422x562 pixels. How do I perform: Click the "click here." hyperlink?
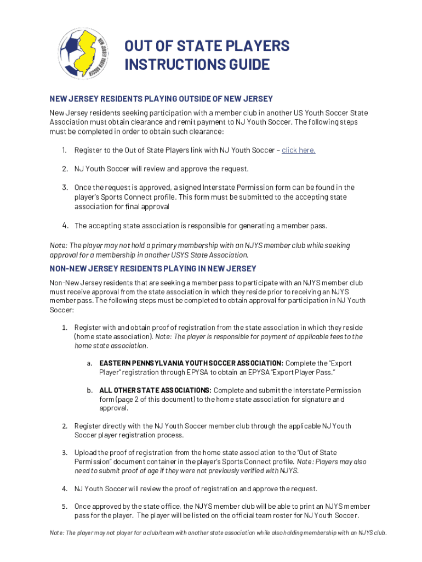(x=298, y=150)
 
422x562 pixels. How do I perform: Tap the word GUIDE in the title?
(x=241, y=65)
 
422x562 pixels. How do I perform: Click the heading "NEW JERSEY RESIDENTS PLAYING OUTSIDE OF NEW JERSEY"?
(x=161, y=99)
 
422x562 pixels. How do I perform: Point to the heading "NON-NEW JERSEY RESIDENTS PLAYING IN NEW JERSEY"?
(x=153, y=268)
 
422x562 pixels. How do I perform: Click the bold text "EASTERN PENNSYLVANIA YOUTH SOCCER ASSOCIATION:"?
(x=191, y=363)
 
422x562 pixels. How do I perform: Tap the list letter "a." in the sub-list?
(x=89, y=363)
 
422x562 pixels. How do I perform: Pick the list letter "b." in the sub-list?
(x=89, y=390)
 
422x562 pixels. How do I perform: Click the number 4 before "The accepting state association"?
(x=65, y=226)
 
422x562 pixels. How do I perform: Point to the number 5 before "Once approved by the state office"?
(x=64, y=507)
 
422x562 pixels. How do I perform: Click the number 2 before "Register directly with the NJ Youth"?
(x=64, y=426)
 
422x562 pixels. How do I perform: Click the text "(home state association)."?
(x=113, y=336)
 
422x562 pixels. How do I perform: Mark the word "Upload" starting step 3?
(x=85, y=453)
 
